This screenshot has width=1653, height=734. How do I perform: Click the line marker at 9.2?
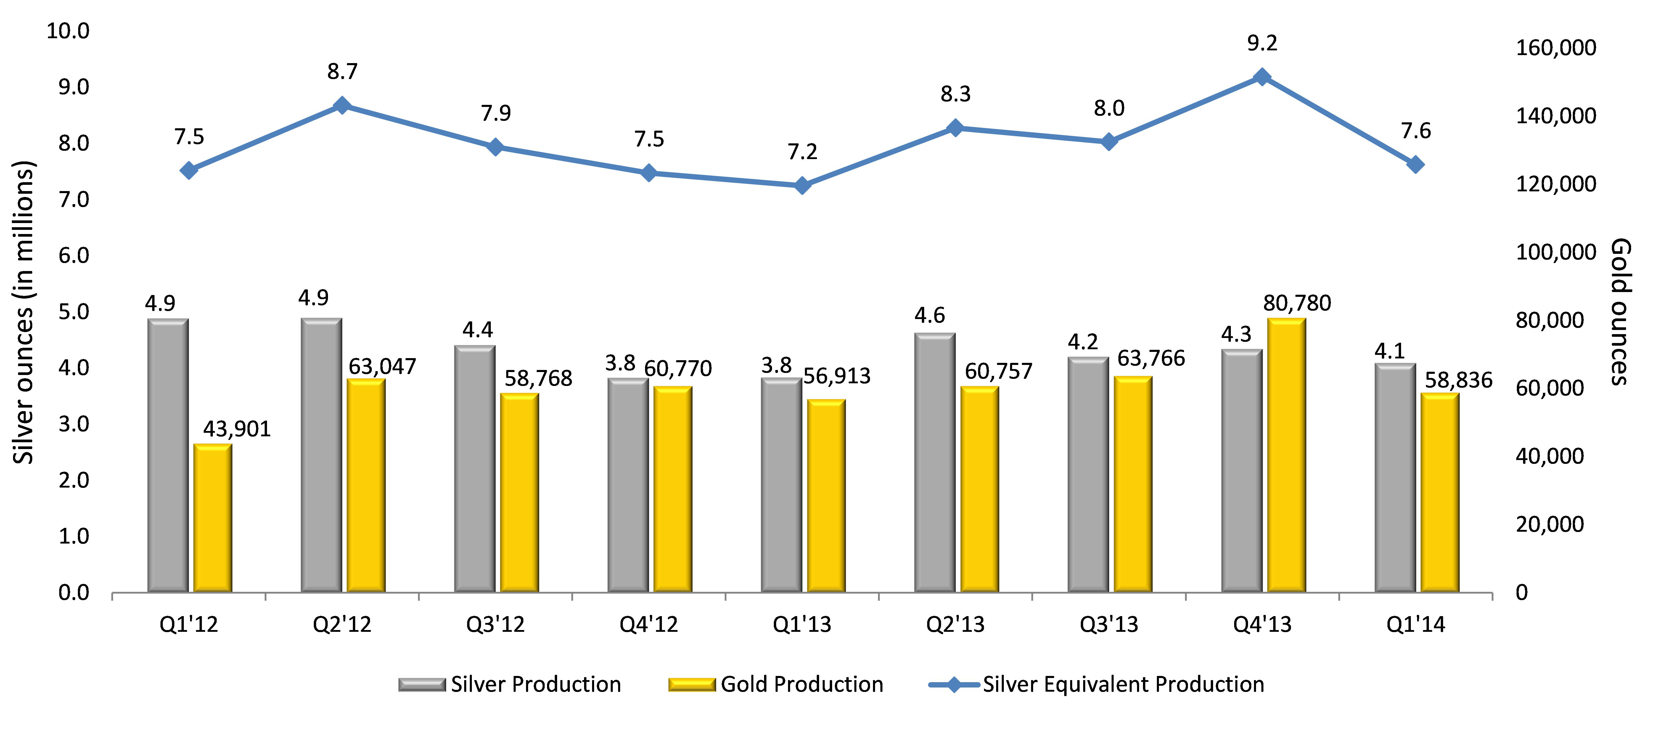point(1262,77)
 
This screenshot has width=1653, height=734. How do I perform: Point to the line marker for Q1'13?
point(802,186)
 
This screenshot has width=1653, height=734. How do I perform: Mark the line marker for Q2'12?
point(342,105)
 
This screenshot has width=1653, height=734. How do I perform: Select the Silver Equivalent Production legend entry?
point(1096,685)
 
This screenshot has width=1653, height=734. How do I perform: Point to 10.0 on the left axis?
point(68,31)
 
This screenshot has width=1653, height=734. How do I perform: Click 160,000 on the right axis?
point(1556,47)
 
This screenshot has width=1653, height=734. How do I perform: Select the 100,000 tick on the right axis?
point(1556,252)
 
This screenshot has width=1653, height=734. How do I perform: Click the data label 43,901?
point(237,429)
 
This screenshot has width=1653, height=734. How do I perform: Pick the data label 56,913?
point(837,376)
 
